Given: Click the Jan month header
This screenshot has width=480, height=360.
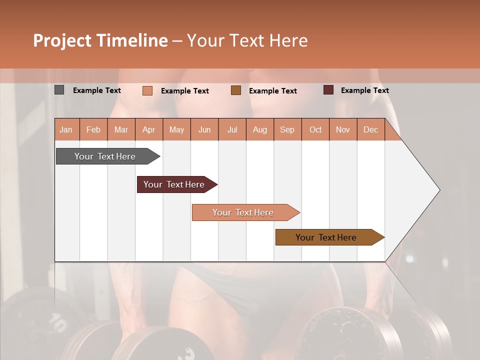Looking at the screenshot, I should coord(66,129).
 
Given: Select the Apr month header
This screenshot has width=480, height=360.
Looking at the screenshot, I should coord(148,129).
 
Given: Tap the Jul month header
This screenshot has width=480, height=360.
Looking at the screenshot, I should coord(232,129).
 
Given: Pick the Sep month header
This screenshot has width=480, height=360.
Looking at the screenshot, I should coord(287,129).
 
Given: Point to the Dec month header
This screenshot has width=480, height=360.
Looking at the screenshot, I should coord(370,129).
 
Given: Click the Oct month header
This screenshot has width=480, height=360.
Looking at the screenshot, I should coord(315,129).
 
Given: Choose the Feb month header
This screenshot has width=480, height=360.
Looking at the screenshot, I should coord(93,129).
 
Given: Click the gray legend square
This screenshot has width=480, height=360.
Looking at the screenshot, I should coord(59,90).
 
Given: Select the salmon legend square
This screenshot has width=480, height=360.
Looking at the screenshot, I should coord(147,90).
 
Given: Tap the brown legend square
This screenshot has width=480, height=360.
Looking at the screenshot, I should coord(235,90).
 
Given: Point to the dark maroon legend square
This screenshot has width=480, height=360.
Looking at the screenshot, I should coord(328,90).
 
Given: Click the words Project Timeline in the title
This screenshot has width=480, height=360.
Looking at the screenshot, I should coord(100,40).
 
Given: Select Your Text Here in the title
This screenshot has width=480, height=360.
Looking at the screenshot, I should coord(247,40).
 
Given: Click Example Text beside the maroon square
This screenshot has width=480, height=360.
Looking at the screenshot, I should coord(364,90).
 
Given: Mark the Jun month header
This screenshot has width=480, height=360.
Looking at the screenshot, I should coord(204,129).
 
